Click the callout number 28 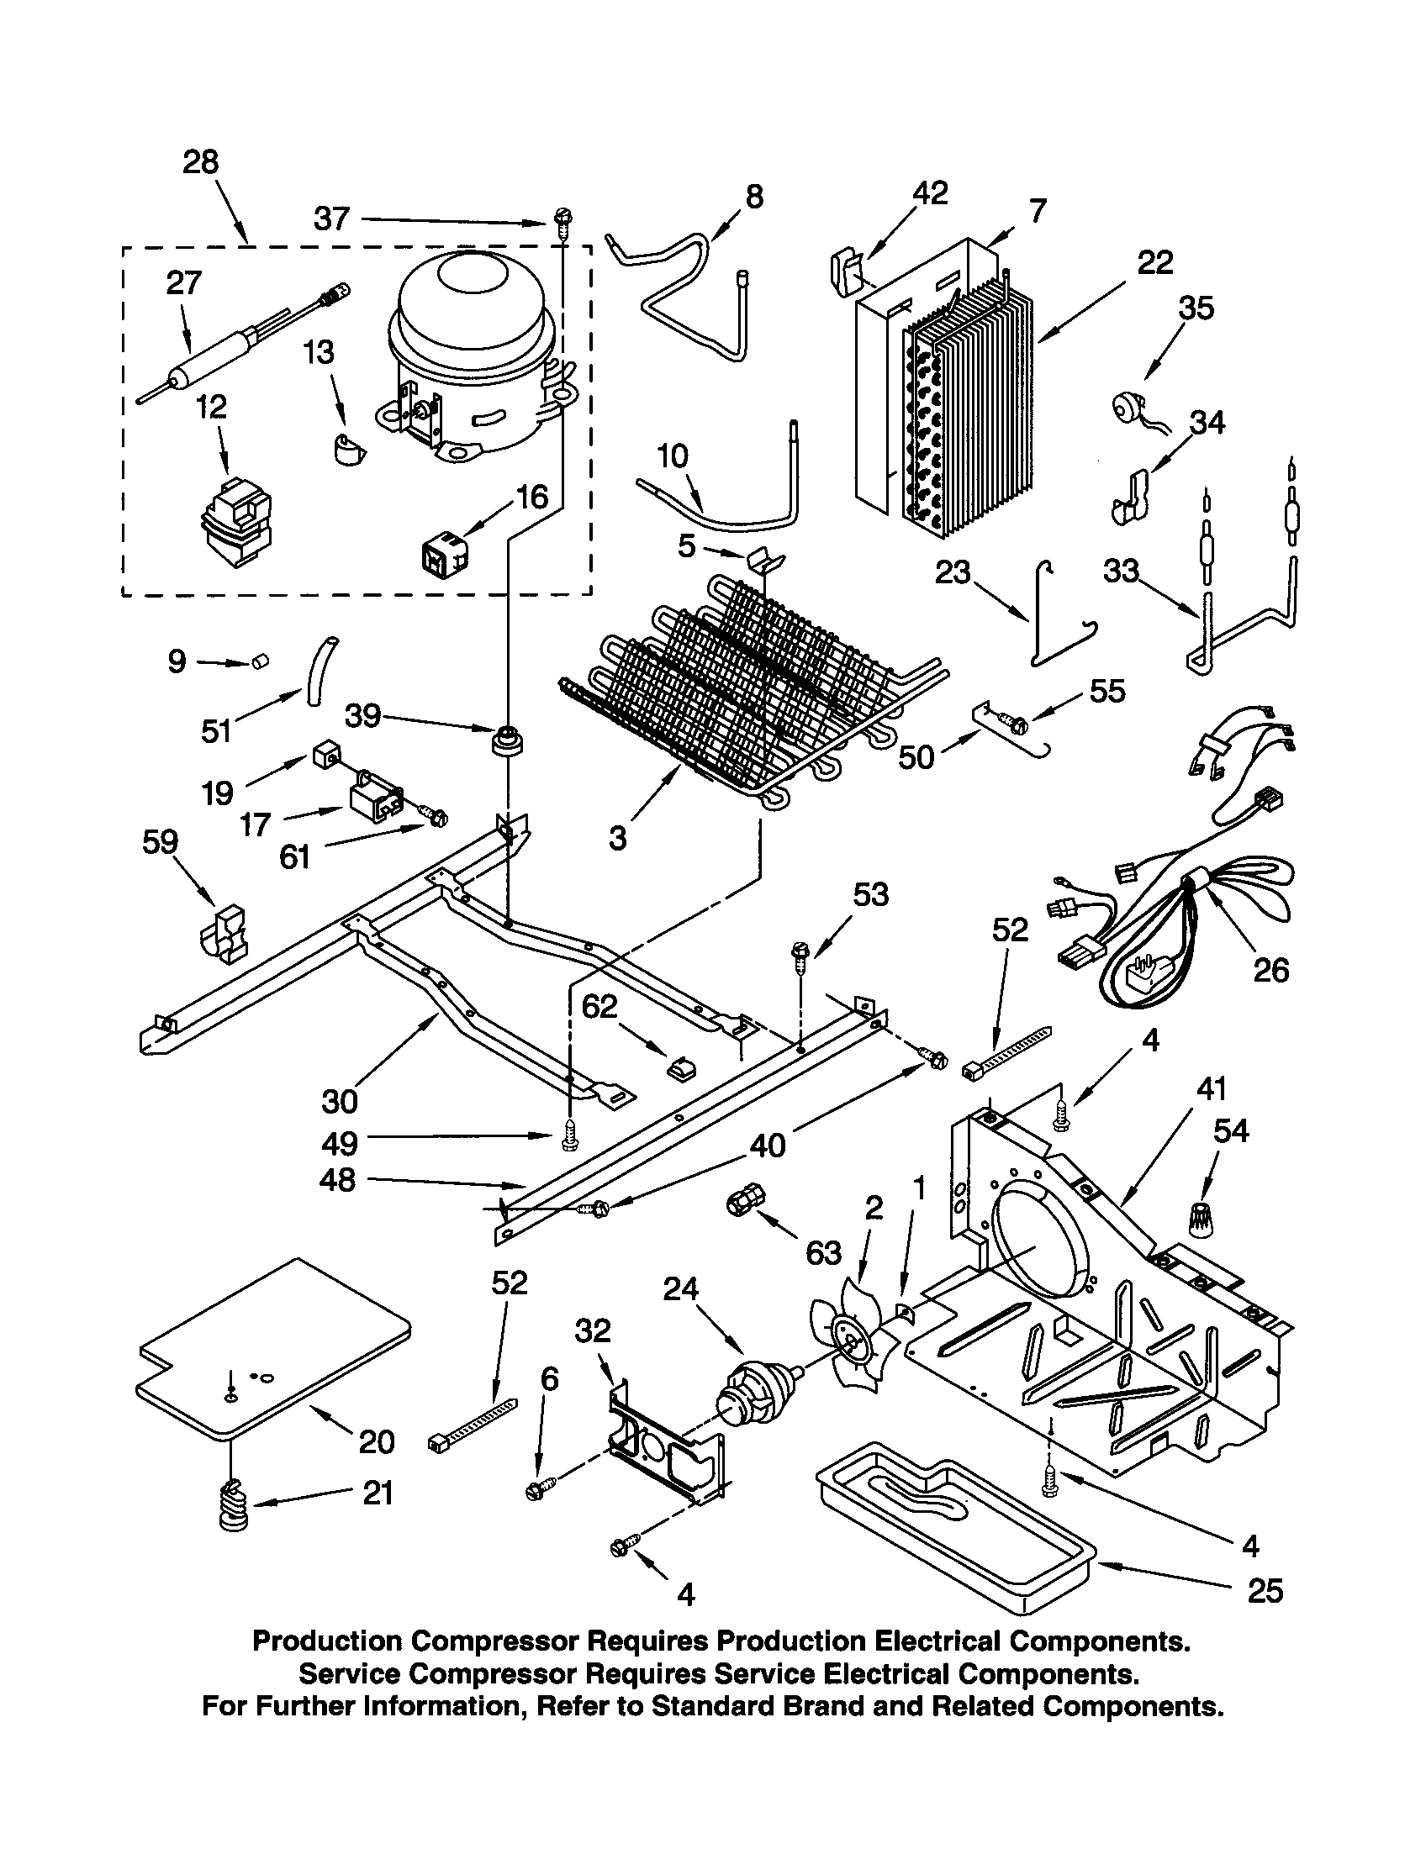[201, 161]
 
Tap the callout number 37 [331, 219]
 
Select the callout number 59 [160, 841]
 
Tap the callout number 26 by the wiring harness [1270, 969]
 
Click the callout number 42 [930, 193]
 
